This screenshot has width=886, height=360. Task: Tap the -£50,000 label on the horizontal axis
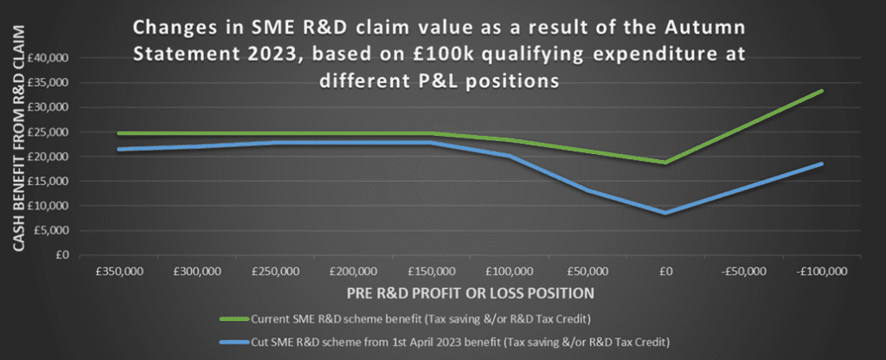point(744,271)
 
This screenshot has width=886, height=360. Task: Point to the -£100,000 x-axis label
point(822,271)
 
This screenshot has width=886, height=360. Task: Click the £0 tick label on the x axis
point(666,271)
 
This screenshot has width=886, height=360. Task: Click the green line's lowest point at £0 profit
point(666,163)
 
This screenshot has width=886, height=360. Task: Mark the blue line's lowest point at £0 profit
point(666,213)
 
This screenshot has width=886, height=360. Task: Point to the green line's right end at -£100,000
point(822,90)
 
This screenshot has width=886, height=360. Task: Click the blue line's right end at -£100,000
point(822,164)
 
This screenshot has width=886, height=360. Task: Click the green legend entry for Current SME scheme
point(405,318)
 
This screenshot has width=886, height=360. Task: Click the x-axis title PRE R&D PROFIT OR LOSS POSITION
point(472,293)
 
